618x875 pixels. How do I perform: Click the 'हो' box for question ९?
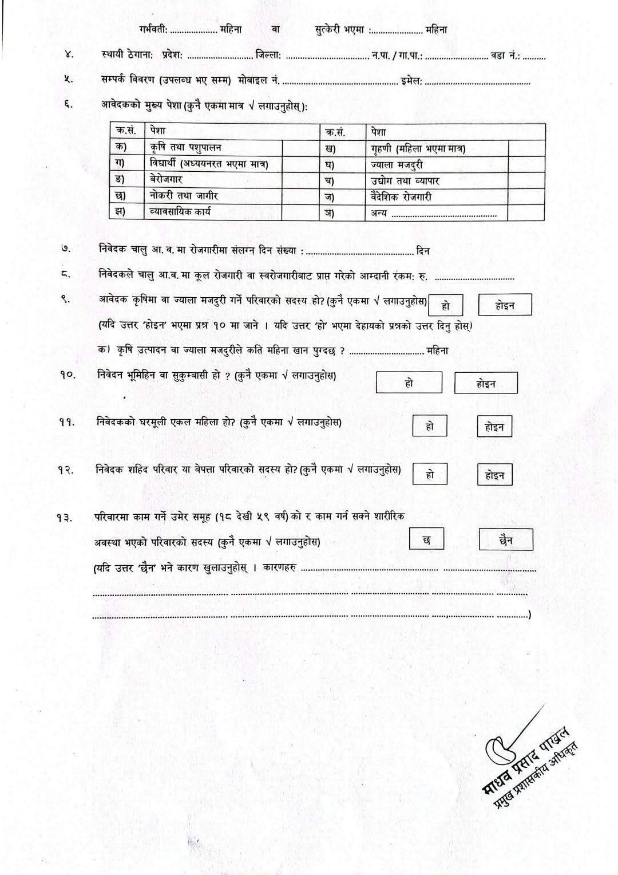(445, 305)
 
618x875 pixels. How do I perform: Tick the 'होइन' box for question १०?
(486, 383)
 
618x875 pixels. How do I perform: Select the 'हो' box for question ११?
(430, 426)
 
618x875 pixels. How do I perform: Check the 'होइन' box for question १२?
(494, 475)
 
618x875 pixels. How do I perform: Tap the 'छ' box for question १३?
(426, 539)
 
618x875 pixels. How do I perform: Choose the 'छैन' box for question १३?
(505, 539)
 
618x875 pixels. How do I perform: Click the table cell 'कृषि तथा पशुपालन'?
(213, 148)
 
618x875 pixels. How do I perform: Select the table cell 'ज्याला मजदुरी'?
(435, 165)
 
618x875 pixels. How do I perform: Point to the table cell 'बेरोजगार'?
(213, 180)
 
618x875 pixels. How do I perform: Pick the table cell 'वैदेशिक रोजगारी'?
(435, 197)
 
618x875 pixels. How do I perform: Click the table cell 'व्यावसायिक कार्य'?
(213, 211)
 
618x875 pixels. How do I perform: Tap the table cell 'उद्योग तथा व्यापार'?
(435, 181)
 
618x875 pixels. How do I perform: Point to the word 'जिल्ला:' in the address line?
(268, 56)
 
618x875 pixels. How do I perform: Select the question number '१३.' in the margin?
(64, 518)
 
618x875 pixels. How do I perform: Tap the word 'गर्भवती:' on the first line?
(153, 29)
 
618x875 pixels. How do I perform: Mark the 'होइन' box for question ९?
(505, 305)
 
